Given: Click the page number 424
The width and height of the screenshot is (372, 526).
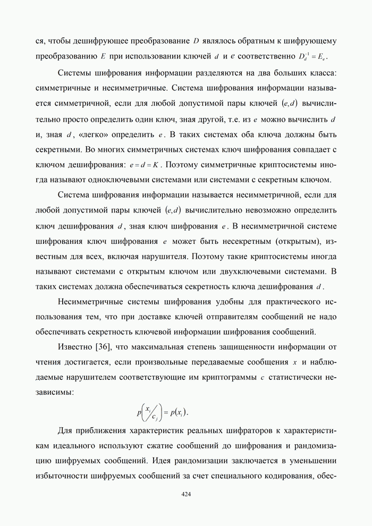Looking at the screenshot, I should [x=186, y=494].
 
